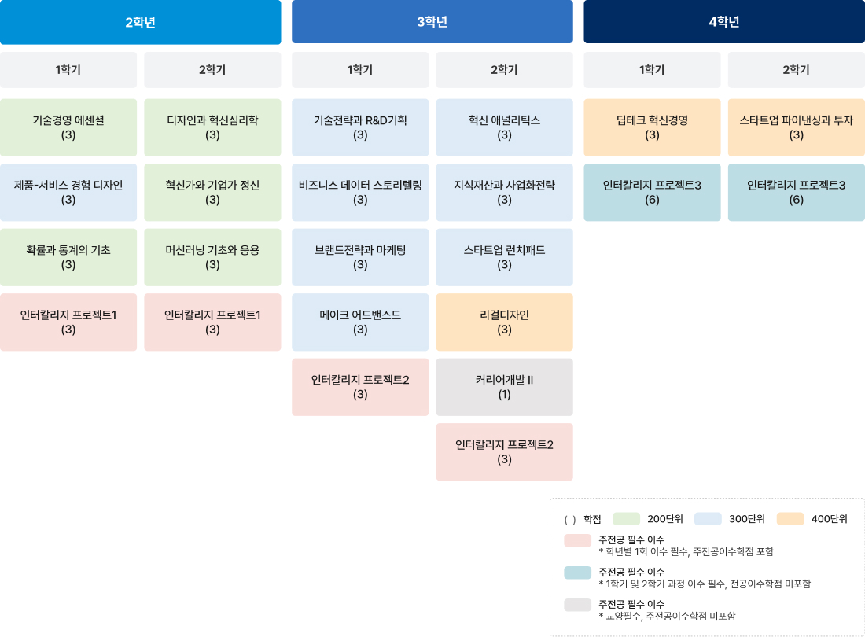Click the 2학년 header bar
[x=140, y=22]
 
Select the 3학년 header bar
[x=432, y=21]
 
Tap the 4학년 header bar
[x=724, y=21]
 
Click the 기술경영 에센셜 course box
[x=68, y=127]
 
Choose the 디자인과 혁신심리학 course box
[x=212, y=127]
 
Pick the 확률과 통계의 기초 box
[x=68, y=257]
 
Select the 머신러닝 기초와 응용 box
[x=212, y=257]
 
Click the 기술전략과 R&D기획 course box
[x=360, y=127]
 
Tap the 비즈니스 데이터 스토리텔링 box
[x=360, y=193]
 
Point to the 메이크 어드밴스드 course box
[x=360, y=322]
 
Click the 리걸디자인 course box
[x=504, y=322]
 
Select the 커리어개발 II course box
[x=504, y=387]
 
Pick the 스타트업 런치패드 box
[x=504, y=257]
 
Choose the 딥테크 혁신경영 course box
[x=652, y=127]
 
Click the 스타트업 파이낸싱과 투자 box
[x=797, y=127]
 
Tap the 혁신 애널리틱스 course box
[x=504, y=127]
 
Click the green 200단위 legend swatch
[x=626, y=519]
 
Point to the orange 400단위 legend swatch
[x=790, y=519]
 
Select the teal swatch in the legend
[x=578, y=573]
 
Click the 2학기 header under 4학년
[x=797, y=70]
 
